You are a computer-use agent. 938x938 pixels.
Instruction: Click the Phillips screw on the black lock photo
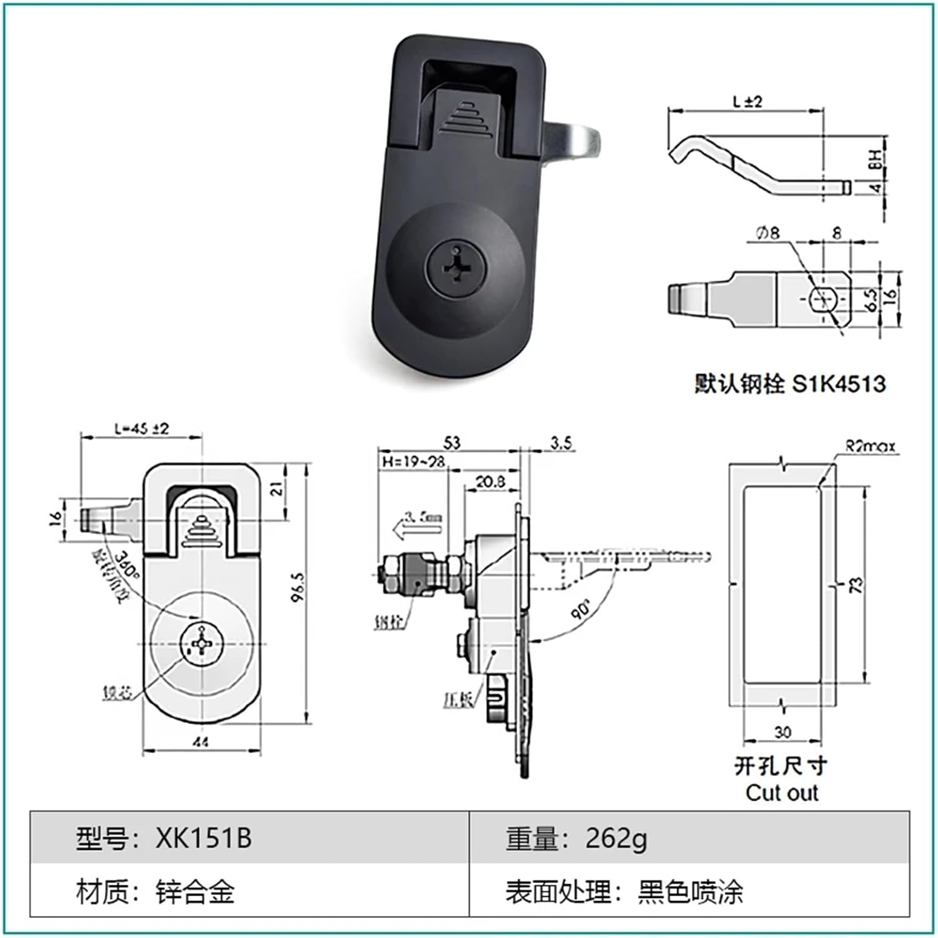(455, 271)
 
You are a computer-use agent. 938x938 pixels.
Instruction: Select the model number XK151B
(203, 838)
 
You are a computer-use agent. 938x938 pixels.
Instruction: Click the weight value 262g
(615, 838)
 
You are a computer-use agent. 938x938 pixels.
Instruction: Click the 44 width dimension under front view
(201, 742)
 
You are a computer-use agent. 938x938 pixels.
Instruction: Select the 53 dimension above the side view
(451, 443)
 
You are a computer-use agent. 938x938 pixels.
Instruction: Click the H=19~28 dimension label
(413, 461)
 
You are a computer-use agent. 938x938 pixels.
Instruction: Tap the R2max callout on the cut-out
(870, 446)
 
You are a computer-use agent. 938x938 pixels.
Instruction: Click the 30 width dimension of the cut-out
(782, 732)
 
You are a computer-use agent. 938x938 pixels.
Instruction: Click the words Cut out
(782, 793)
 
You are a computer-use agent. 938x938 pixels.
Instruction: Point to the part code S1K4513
(839, 383)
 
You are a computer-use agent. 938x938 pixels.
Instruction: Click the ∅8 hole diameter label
(767, 233)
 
